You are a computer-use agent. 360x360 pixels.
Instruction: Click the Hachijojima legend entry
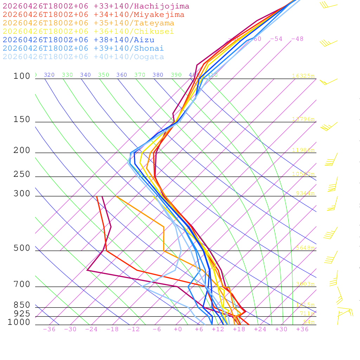point(96,6)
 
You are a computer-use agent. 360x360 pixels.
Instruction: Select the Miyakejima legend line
point(93,15)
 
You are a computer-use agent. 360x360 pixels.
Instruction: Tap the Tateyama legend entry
point(88,23)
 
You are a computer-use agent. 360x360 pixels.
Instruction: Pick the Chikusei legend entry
point(88,32)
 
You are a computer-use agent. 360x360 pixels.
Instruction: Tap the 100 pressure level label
point(22,76)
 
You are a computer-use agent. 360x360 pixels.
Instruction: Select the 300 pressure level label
point(22,194)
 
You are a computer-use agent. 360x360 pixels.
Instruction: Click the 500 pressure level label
point(22,248)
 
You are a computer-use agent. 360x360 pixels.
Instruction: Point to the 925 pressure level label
point(22,314)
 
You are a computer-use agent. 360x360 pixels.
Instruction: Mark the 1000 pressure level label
point(19,322)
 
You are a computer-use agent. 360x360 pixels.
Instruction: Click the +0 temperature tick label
point(178,329)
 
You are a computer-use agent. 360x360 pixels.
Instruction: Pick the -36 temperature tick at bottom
point(49,329)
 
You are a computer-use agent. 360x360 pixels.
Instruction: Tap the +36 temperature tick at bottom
point(302,329)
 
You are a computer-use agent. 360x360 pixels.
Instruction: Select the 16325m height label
point(303,76)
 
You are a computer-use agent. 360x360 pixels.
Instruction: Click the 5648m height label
point(304,248)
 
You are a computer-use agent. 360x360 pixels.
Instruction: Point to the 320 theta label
point(49,75)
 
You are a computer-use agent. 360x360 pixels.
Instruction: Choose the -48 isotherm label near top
point(297,39)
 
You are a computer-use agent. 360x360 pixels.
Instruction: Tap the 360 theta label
point(122,75)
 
